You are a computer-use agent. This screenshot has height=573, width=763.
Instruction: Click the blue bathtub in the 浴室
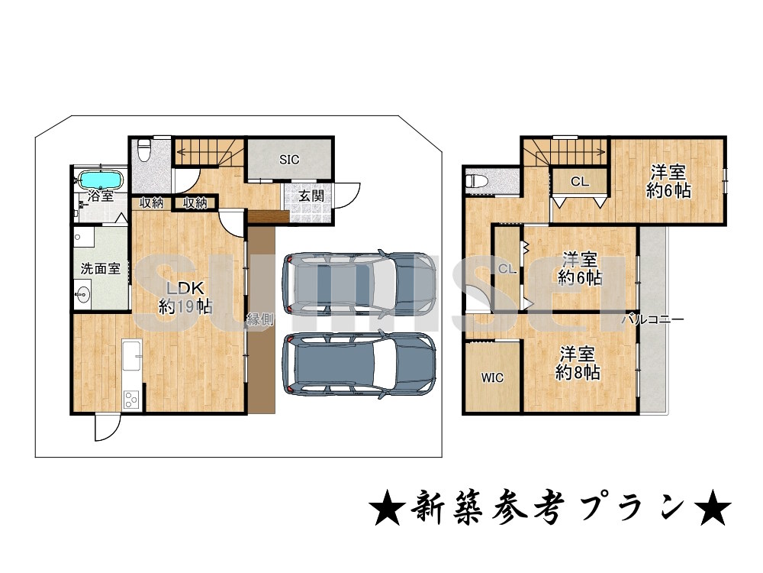pos(101,180)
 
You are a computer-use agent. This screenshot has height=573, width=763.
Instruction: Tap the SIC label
pos(289,160)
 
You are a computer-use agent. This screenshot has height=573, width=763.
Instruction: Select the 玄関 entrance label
pos(311,196)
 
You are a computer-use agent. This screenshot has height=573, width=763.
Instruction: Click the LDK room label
pos(185,288)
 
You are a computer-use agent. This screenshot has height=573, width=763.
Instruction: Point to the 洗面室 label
pos(100,268)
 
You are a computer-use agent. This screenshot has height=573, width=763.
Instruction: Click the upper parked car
pos(359,282)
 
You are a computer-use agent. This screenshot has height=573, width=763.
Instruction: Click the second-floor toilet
pos(477,181)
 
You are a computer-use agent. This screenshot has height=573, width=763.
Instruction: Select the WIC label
pos(492,377)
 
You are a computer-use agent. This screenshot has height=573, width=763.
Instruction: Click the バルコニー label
pos(652,319)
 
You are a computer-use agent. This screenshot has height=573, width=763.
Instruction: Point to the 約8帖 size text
pos(577,373)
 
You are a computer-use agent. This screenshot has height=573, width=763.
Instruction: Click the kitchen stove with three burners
pos(131,400)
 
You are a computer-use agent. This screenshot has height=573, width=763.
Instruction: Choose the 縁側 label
pos(260,319)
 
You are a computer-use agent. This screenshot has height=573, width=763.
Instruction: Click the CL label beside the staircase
pos(580,182)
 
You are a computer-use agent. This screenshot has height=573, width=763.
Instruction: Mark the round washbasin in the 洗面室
pos(84,295)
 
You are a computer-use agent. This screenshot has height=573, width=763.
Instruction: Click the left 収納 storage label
pos(151,202)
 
